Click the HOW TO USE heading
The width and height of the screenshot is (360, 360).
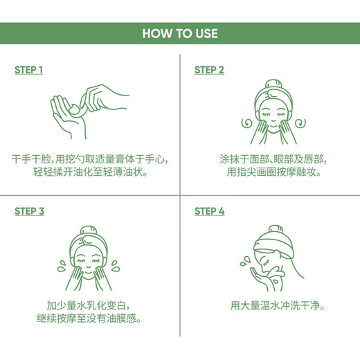coord(179,33)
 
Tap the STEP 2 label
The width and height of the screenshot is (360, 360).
coord(209,70)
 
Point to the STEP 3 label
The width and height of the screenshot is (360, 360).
coord(29,211)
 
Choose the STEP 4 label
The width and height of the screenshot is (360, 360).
coord(209,211)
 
